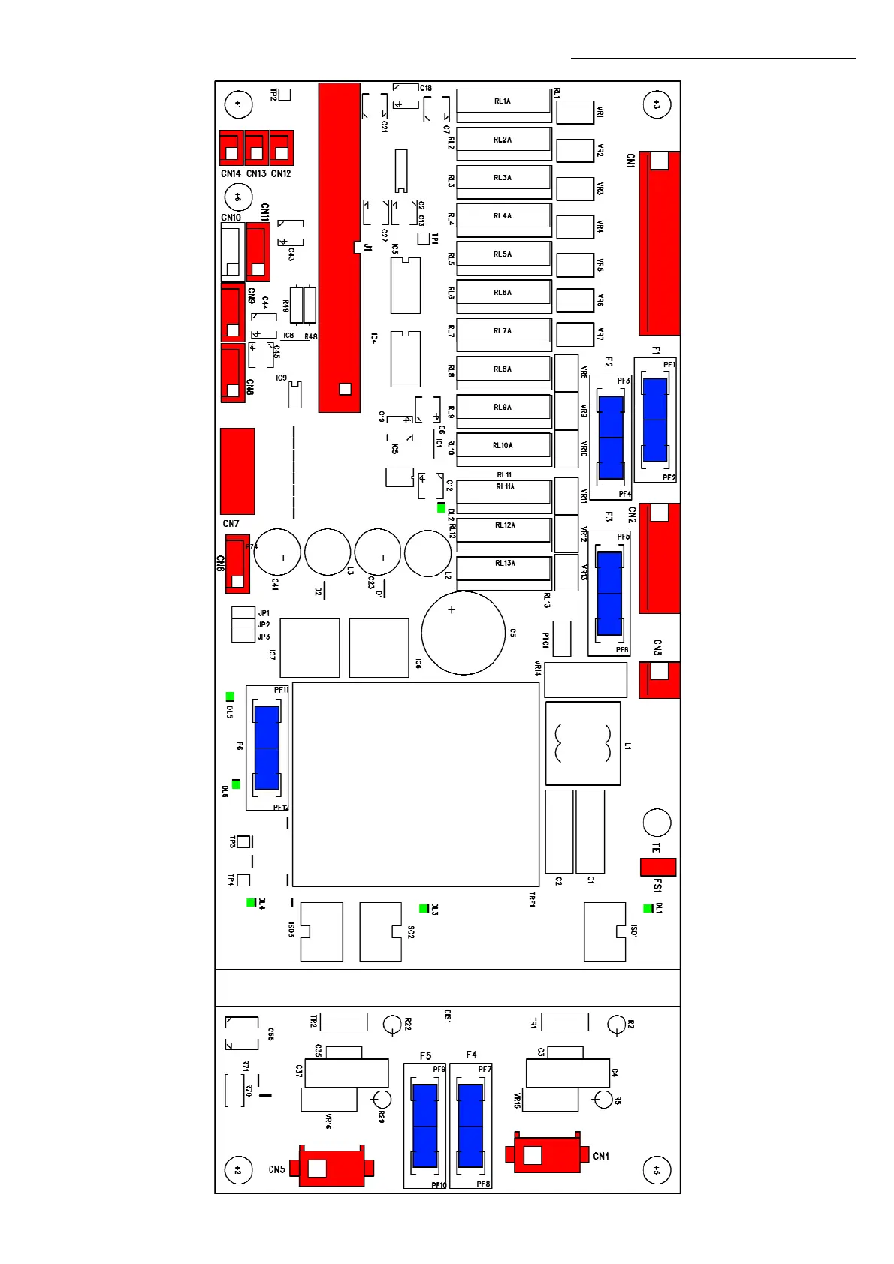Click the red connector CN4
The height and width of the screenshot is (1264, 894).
tap(546, 1154)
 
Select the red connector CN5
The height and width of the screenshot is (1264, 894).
tap(331, 1168)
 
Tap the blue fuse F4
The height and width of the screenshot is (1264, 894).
tap(470, 1125)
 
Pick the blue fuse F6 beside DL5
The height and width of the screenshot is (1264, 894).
tap(267, 748)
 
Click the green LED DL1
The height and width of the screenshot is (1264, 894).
tap(648, 909)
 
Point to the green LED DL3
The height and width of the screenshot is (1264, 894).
tap(424, 909)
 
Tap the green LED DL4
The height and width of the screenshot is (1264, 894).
tap(251, 902)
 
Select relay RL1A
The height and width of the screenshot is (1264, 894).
tap(503, 101)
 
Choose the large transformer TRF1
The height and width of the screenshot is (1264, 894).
tap(415, 784)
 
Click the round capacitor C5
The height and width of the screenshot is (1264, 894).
tap(464, 633)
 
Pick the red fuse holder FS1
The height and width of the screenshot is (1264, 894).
tap(657, 867)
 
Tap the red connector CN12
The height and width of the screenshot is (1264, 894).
tap(281, 148)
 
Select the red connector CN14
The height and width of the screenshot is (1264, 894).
tap(231, 148)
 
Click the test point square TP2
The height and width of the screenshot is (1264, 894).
tap(285, 95)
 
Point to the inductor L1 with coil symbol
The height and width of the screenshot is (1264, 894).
tap(583, 743)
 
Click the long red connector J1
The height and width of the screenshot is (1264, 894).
tap(339, 248)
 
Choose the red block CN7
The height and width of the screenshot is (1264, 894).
tap(237, 471)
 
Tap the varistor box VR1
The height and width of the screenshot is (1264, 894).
tap(575, 113)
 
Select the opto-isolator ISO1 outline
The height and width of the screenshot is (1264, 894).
tap(605, 931)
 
